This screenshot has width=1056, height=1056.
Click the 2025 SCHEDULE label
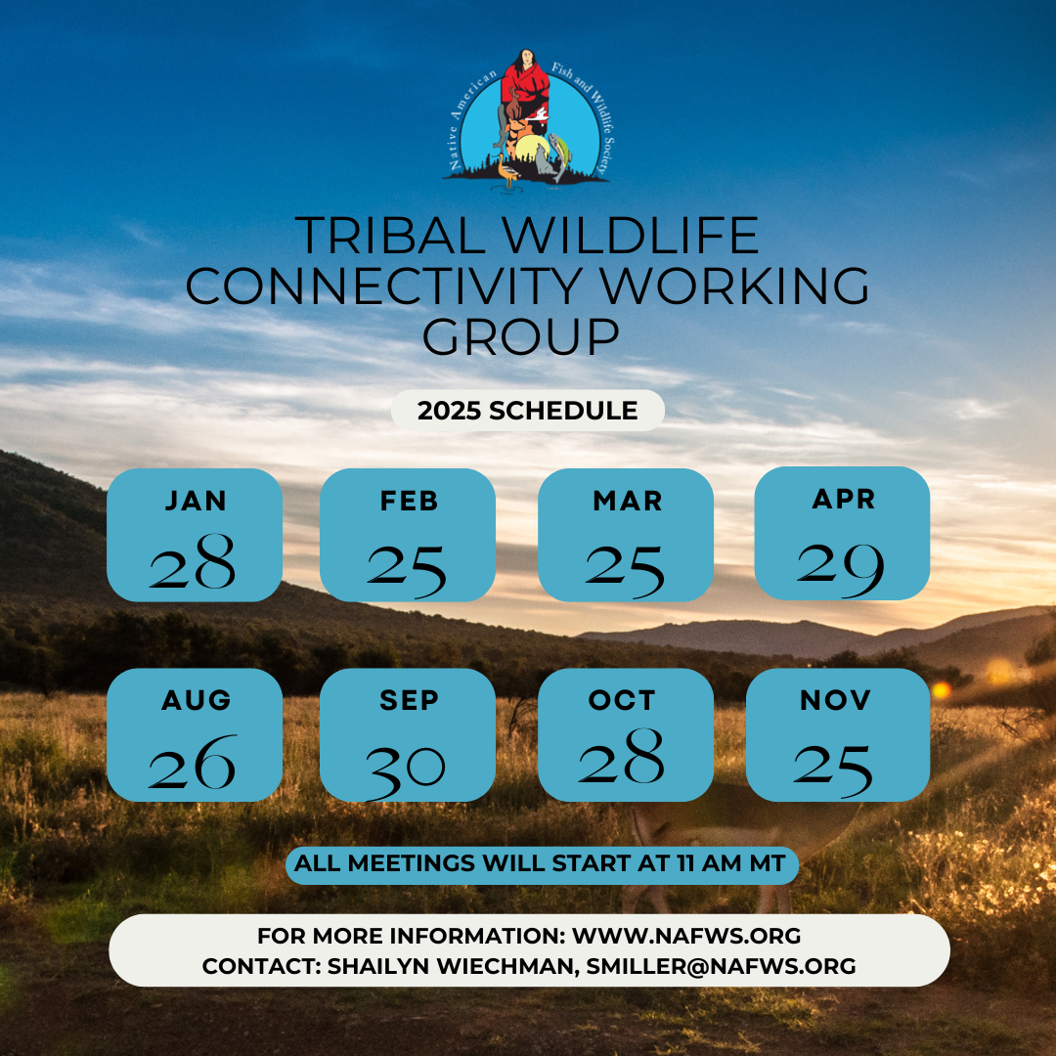(x=528, y=411)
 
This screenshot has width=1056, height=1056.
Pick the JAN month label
(x=196, y=501)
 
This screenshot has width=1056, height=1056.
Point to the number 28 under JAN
(x=193, y=563)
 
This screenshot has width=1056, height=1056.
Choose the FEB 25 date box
(x=408, y=535)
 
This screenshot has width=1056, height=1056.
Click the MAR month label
(x=627, y=501)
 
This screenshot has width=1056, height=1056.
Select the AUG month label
(x=197, y=700)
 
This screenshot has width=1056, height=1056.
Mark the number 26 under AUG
(x=193, y=763)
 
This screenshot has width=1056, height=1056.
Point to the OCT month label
(x=622, y=700)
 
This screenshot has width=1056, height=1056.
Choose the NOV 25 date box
(x=838, y=735)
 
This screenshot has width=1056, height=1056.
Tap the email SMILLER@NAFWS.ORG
(x=722, y=966)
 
